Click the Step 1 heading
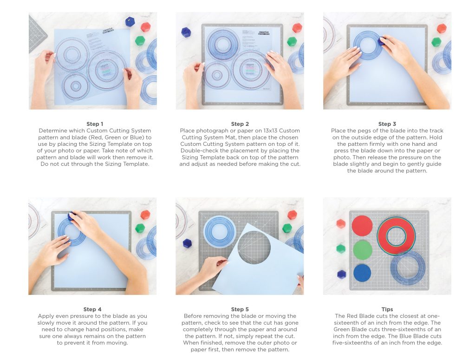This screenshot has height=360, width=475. coord(95,124)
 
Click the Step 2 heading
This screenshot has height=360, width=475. coord(240,124)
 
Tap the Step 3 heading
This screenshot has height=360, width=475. coord(387,124)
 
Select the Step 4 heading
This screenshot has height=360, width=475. coord(92,309)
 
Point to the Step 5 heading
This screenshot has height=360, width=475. coord(240,309)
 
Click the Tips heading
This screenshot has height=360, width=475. coord(387,309)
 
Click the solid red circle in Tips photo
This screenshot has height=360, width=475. coord(362,226)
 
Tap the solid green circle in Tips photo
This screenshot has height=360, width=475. coord(363,250)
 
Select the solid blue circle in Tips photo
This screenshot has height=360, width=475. coord(362,273)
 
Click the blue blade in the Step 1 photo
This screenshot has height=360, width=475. coord(130,22)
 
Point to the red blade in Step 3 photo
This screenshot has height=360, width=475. coord(442,28)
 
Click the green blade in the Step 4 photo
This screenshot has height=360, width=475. coord(140,228)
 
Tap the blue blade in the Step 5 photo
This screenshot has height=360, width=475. coord(187,243)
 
